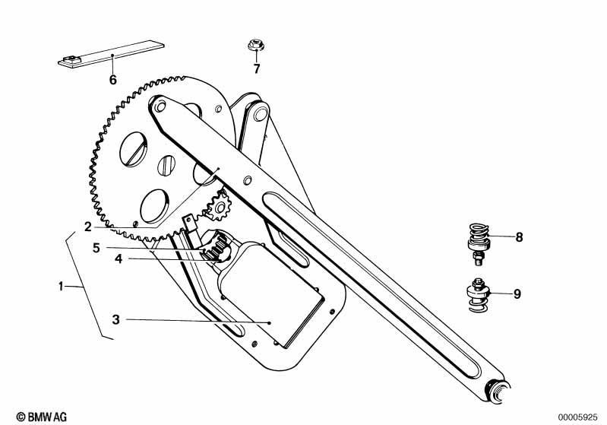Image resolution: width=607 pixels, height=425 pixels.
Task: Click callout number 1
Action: (x=60, y=287)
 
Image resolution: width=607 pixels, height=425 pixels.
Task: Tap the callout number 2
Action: (x=88, y=227)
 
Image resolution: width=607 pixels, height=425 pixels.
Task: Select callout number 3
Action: (x=115, y=319)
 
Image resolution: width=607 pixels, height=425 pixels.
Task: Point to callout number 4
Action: (x=119, y=258)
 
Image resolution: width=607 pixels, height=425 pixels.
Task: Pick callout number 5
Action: (x=96, y=248)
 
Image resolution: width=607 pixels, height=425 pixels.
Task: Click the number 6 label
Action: (x=112, y=80)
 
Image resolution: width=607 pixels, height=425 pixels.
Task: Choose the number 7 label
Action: (x=257, y=68)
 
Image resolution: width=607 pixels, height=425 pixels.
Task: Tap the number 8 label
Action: (x=519, y=236)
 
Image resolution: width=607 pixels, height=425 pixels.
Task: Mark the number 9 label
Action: (x=517, y=293)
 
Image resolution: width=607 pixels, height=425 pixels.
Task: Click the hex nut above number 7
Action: (x=256, y=45)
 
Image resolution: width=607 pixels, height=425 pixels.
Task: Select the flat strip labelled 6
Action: (x=111, y=54)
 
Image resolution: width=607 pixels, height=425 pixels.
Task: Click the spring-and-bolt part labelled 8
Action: (x=479, y=244)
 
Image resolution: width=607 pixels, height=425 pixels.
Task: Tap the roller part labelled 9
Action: (x=479, y=294)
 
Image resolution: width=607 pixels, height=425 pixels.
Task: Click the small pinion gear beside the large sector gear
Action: (x=219, y=205)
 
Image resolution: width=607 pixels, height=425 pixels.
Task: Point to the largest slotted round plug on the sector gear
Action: (x=134, y=149)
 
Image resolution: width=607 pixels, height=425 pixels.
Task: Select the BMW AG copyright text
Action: (x=42, y=417)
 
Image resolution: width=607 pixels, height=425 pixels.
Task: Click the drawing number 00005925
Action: (x=577, y=417)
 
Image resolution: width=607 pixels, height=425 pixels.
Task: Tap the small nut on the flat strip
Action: (x=72, y=59)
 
